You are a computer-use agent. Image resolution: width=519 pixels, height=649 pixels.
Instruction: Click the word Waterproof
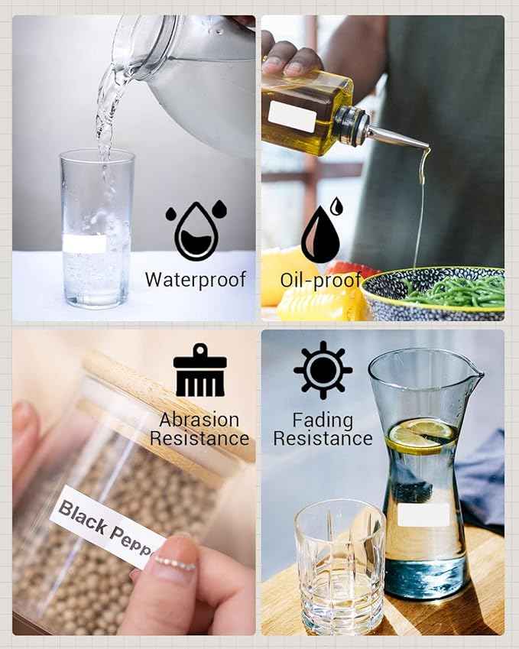196,281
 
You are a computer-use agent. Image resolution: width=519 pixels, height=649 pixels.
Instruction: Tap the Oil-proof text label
321,281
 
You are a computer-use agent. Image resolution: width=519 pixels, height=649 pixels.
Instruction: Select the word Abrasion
199,420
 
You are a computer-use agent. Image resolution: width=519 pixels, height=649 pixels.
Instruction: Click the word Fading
323,421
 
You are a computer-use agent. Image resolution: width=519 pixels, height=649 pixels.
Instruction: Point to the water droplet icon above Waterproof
196,230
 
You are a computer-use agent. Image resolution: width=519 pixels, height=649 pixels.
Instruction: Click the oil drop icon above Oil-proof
322,231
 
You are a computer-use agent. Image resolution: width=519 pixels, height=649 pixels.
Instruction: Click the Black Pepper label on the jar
109,527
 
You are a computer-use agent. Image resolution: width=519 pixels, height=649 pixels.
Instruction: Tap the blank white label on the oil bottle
292,116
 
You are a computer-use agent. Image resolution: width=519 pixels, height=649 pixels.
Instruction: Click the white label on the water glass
85,243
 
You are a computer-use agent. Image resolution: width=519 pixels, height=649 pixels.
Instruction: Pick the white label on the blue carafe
423,515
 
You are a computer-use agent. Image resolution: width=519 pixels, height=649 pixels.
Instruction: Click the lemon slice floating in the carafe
422,436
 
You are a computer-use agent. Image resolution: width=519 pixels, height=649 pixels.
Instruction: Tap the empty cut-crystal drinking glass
340,570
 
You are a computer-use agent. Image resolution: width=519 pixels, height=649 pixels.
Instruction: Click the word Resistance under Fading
323,439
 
